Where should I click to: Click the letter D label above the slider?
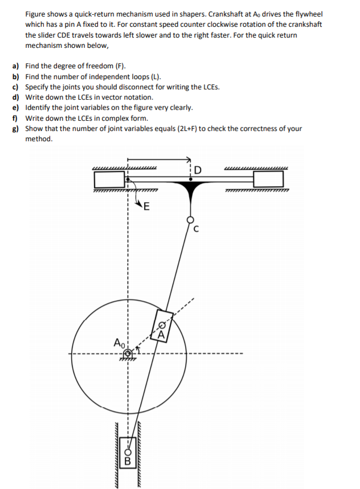click(198, 169)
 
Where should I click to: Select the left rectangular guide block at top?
click(110, 180)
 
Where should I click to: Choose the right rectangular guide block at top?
click(268, 180)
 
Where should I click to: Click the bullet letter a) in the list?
click(16, 66)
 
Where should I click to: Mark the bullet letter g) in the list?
click(16, 129)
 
